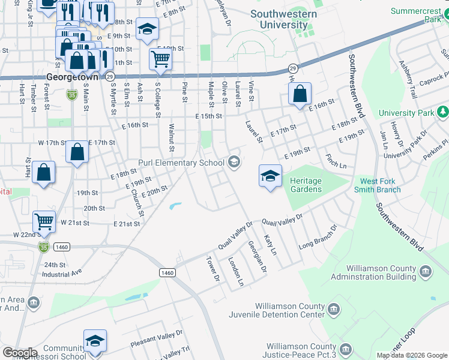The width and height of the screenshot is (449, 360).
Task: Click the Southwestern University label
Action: tap(283, 19)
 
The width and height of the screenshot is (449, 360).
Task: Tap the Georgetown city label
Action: tap(71, 77)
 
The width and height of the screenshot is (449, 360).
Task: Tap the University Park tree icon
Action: tap(443, 112)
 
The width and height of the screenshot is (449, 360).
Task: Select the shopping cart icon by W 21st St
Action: tap(44, 221)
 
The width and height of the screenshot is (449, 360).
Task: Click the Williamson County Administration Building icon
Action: tap(426, 272)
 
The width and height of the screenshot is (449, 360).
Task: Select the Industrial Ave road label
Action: tap(61, 274)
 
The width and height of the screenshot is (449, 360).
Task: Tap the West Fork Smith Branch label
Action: tap(388, 185)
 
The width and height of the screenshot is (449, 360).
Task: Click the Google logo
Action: tap(20, 353)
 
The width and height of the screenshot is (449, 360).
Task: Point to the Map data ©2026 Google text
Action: tap(412, 355)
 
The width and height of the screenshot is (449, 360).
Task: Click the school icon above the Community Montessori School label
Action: tap(95, 340)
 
